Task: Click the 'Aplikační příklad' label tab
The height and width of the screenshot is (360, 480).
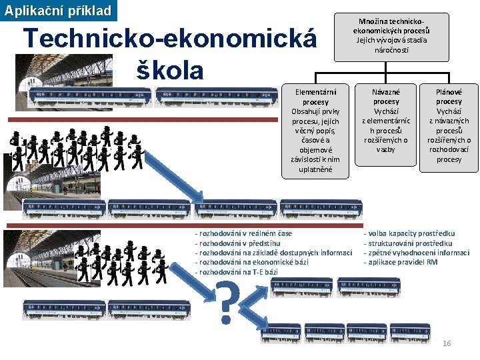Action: (58, 11)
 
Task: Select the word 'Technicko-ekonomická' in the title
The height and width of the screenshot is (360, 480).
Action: (169, 39)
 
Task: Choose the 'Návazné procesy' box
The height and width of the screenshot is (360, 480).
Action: (386, 121)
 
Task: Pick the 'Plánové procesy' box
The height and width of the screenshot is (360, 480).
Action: (449, 126)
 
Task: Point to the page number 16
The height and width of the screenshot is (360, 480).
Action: (447, 343)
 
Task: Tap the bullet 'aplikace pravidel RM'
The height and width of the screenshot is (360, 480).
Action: (400, 263)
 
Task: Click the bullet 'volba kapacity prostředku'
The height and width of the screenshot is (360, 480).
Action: (409, 234)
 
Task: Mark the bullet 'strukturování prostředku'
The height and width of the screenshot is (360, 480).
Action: (407, 243)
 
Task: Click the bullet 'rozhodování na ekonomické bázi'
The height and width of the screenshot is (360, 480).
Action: (251, 263)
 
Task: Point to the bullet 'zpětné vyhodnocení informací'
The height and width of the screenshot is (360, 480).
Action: (416, 253)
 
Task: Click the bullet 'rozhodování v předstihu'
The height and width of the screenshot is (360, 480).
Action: (237, 243)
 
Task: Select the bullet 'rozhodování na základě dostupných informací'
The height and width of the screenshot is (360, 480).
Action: (273, 253)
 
